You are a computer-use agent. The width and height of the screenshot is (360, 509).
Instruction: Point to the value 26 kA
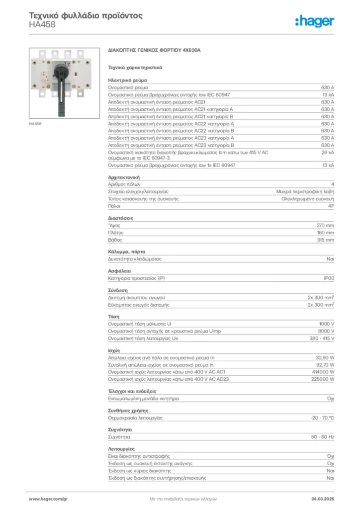coord(328,152)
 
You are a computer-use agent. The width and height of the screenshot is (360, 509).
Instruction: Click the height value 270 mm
coord(326,225)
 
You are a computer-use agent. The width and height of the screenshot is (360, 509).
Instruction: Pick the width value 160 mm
coord(326,233)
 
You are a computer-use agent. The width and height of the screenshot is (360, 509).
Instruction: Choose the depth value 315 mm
coord(326,240)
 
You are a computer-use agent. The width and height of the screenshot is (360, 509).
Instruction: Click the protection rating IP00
coord(329,278)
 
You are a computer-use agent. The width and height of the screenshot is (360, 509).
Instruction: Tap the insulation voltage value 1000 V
coord(326,324)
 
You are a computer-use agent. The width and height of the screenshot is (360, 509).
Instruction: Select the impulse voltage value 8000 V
coord(326,331)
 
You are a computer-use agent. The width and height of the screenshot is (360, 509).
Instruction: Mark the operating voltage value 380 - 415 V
coord(322,339)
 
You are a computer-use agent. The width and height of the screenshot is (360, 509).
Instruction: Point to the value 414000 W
coord(323,372)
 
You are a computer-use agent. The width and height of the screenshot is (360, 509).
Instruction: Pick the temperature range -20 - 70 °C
coord(322,418)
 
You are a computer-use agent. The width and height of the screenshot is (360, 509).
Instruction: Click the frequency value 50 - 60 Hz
coord(322,437)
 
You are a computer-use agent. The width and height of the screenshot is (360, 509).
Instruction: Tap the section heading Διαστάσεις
coord(120,218)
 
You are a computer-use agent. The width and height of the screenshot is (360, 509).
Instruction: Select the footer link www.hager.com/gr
coord(47,498)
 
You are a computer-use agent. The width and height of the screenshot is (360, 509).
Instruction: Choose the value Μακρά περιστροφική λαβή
coord(305,191)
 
